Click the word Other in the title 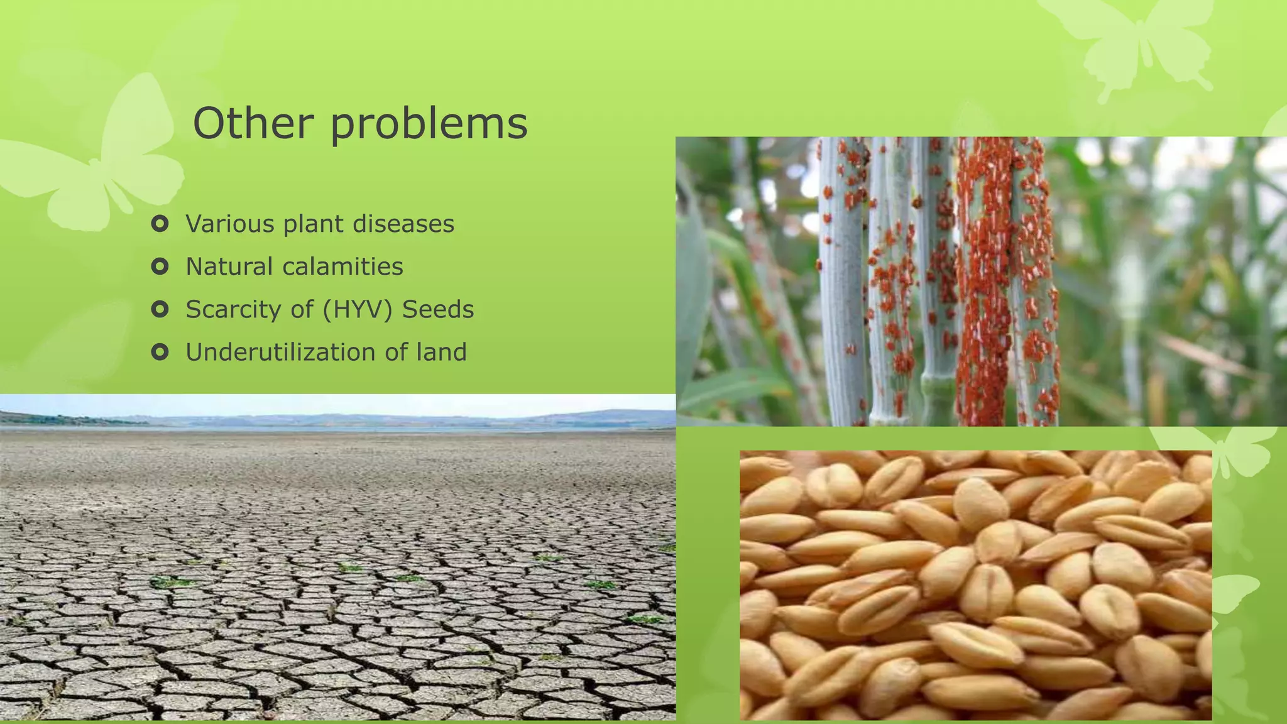253,123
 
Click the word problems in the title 429,124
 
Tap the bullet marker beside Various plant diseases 160,224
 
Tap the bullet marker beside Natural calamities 160,266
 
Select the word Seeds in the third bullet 438,309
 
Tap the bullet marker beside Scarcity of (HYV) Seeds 160,309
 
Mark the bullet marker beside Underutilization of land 160,352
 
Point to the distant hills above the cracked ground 377,418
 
